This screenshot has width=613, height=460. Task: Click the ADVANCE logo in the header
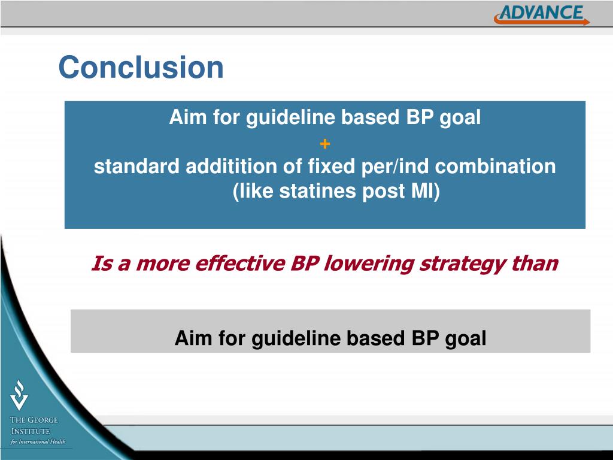tap(542, 15)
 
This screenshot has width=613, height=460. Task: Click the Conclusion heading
tap(141, 67)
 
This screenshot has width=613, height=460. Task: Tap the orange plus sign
tap(325, 144)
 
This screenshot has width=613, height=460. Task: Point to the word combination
tap(495, 166)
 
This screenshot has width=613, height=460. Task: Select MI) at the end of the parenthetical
tap(425, 192)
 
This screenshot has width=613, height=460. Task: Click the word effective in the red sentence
tap(239, 263)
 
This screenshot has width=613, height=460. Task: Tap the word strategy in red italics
tap(462, 264)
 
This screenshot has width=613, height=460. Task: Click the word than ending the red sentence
tap(535, 263)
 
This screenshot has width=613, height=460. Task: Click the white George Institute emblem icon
tap(19, 395)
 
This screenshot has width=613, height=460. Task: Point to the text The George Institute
tap(34, 426)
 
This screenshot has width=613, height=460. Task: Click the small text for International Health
tap(38, 441)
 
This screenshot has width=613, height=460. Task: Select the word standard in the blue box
tap(137, 166)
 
